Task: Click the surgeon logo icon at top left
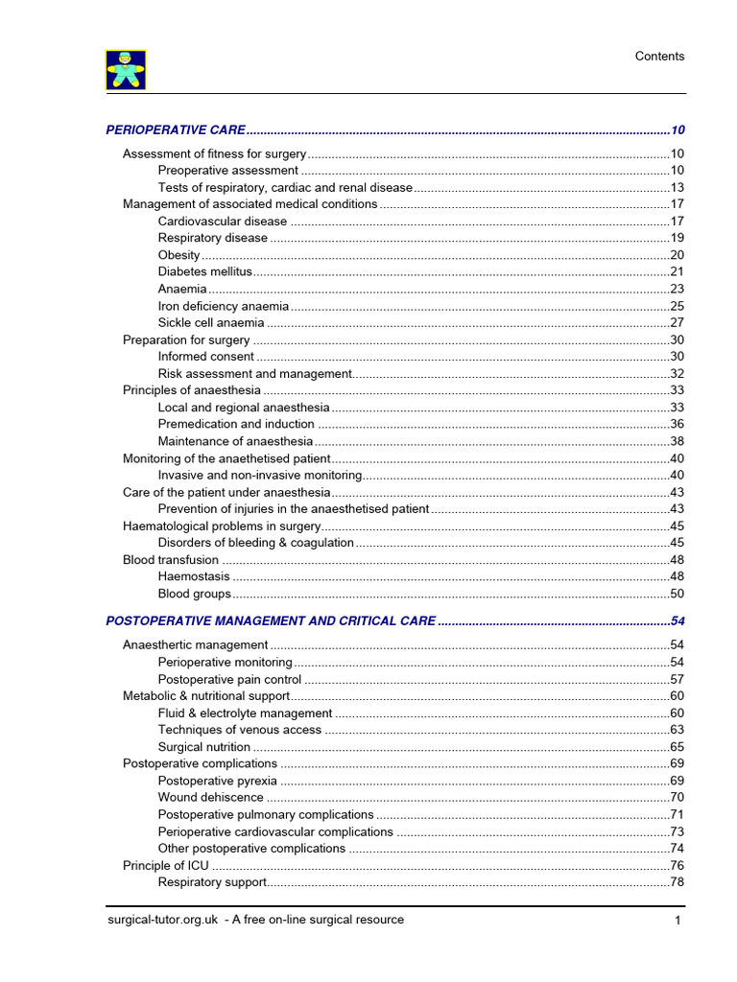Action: click(125, 70)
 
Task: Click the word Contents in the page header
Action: click(659, 57)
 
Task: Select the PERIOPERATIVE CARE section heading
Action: click(176, 129)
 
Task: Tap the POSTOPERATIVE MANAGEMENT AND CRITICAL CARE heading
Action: click(271, 621)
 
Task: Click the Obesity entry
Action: click(179, 255)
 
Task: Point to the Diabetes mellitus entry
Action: click(204, 272)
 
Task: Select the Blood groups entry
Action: click(195, 595)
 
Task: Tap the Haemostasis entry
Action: click(194, 577)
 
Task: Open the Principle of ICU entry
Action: click(166, 865)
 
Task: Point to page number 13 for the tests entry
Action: click(677, 188)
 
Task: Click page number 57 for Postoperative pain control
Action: click(677, 680)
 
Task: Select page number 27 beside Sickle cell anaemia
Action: click(677, 323)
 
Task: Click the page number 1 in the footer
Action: click(678, 922)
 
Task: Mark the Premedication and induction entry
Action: click(236, 424)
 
